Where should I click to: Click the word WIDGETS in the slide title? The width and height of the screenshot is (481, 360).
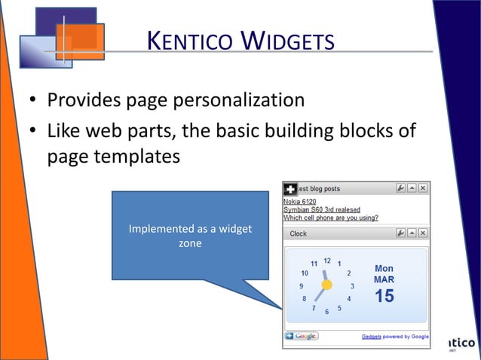(x=287, y=40)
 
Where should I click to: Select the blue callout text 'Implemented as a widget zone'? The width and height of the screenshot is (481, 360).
(x=189, y=236)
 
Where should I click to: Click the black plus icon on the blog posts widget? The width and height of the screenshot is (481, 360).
(x=290, y=189)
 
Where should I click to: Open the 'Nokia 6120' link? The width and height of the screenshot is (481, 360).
(x=299, y=201)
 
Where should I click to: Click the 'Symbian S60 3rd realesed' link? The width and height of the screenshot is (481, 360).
(x=321, y=209)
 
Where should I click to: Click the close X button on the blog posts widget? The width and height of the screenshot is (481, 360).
(x=423, y=188)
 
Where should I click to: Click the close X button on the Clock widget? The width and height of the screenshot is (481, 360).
(x=423, y=233)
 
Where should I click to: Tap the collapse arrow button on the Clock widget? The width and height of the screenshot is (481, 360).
(x=412, y=233)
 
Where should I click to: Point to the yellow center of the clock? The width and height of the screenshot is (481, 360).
(x=326, y=285)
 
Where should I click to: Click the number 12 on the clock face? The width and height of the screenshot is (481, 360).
(x=327, y=261)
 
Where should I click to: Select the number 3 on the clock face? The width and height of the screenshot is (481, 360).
(x=352, y=286)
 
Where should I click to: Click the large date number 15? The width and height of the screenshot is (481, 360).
(x=384, y=297)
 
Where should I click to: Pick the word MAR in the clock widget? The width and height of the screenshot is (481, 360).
(x=384, y=279)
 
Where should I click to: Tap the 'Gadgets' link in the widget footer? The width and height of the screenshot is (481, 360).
(x=372, y=336)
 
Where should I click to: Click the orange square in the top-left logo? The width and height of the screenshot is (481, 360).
(x=80, y=40)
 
